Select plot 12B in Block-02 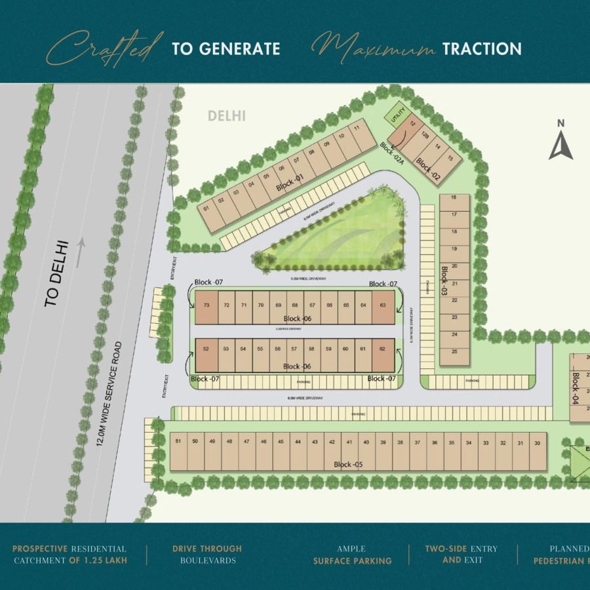click(x=425, y=136)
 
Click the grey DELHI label click(x=226, y=116)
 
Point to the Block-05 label click(x=347, y=465)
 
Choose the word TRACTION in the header click(x=482, y=49)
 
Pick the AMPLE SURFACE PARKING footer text click(x=352, y=555)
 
